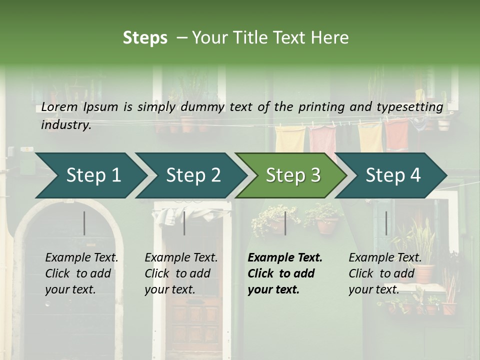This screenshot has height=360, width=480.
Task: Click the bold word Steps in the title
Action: tap(145, 38)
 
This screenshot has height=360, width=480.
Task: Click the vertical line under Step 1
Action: tap(84, 223)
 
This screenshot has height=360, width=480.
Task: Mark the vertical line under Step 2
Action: tap(184, 223)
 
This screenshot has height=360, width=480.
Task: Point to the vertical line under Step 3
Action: tap(285, 223)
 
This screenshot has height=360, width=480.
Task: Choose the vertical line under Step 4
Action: tap(386, 223)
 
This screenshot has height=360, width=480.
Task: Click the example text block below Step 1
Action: tap(81, 273)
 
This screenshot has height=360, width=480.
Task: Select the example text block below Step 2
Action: tap(181, 273)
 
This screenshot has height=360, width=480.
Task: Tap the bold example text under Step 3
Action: tap(285, 273)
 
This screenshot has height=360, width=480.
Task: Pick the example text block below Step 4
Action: tap(385, 273)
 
